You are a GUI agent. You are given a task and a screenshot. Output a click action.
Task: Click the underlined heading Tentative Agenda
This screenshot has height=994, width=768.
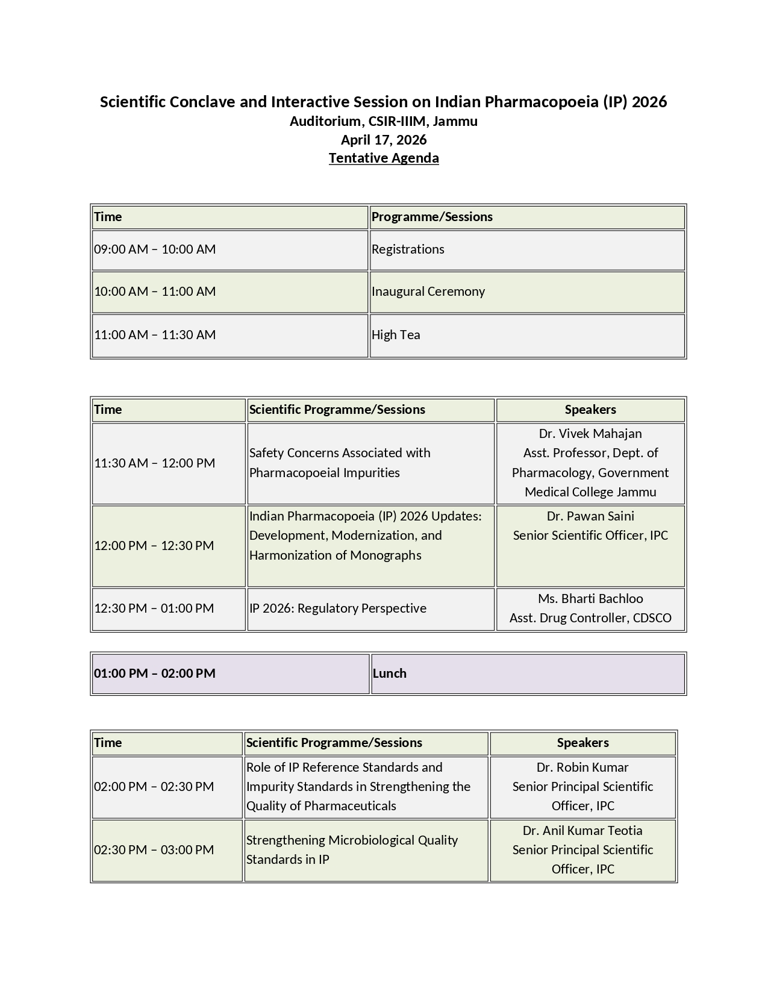(384, 158)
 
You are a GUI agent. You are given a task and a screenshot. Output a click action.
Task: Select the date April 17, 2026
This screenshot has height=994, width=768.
(384, 140)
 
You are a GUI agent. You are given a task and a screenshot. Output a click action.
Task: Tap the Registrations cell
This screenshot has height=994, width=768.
(408, 249)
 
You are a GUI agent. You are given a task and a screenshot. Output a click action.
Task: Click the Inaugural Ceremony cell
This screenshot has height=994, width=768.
(428, 292)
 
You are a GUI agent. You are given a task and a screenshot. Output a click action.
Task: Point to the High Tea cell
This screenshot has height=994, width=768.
(396, 335)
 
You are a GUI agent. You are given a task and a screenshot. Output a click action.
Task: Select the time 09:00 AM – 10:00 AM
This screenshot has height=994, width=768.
(155, 249)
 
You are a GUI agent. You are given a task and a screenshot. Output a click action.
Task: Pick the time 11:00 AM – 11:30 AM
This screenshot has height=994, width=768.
(155, 335)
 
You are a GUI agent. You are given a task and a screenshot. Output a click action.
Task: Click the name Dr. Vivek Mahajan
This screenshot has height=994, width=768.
(590, 434)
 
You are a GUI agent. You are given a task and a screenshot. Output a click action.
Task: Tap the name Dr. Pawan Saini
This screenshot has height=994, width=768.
(590, 516)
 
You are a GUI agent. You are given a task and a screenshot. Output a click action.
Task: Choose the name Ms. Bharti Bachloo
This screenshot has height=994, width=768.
(590, 599)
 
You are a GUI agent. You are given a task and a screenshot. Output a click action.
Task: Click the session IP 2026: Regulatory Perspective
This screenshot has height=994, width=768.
(337, 608)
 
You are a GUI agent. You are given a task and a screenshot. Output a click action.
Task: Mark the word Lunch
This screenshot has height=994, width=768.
(389, 674)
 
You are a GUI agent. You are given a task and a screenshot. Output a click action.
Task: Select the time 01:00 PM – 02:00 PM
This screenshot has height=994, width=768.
(155, 674)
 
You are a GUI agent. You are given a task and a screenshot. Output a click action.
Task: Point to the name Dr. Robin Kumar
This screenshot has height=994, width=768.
(582, 767)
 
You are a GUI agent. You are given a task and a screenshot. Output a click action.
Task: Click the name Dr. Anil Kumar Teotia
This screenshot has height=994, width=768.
(582, 831)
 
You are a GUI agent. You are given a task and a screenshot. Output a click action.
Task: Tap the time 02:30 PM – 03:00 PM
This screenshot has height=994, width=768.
(154, 850)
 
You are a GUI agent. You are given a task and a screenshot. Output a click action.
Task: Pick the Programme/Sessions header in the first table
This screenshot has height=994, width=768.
(432, 217)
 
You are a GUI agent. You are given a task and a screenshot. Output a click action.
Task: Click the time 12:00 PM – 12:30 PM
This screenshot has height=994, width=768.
(154, 546)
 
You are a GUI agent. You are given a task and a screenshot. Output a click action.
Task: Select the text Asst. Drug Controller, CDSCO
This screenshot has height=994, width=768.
(590, 618)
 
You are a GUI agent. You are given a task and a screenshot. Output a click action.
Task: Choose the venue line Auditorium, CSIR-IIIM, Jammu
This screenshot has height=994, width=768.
(384, 121)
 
